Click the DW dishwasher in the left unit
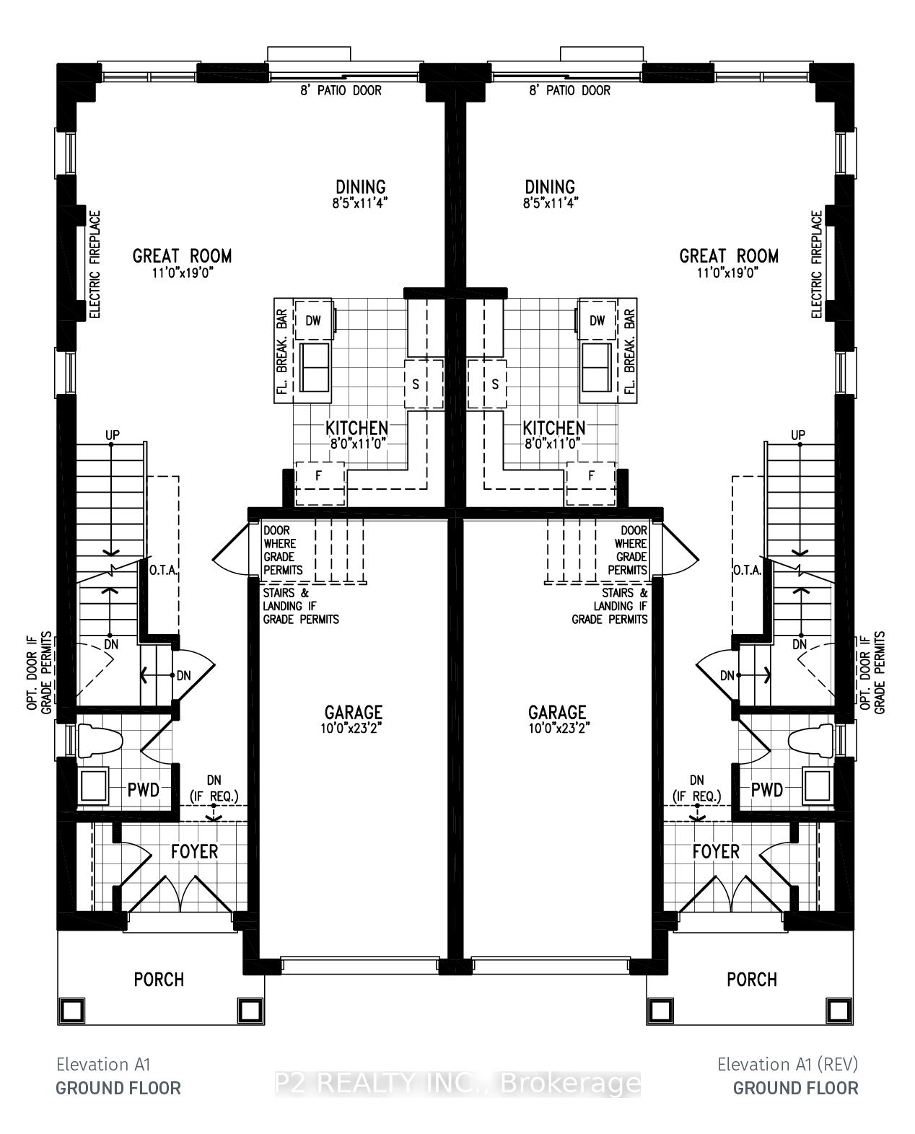314,320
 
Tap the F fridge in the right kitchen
590,483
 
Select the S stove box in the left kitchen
424,384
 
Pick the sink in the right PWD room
818,785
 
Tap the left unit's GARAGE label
353,713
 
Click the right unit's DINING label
550,187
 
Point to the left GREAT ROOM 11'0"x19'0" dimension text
183,273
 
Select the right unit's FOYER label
716,851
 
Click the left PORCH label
159,980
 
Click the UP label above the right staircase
798,435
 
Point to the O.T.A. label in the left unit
163,570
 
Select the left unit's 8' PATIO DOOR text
341,91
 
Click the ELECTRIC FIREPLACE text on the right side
816,265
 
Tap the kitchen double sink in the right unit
597,366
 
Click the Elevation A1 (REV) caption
787,1065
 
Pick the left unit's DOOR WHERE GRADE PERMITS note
283,550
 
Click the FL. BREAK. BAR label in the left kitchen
282,351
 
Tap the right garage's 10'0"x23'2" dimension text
559,729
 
